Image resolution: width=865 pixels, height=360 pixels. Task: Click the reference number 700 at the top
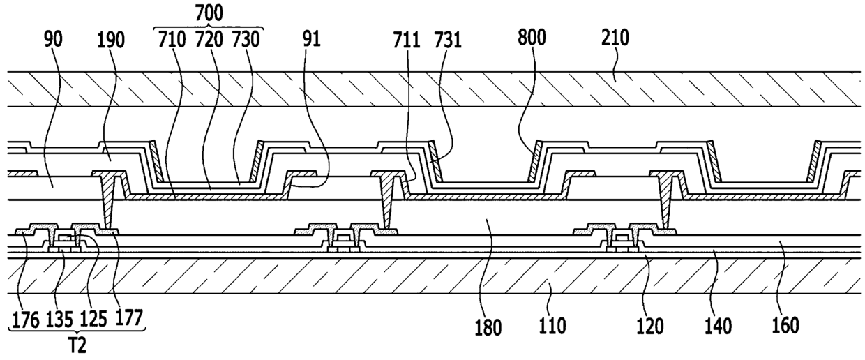tap(209, 13)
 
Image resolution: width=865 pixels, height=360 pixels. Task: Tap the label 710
tap(172, 40)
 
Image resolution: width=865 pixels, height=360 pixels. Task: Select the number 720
tap(209, 40)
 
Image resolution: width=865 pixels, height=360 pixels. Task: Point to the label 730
tap(246, 40)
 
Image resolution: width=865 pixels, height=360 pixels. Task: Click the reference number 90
tap(53, 39)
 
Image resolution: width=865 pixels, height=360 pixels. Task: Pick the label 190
tap(110, 40)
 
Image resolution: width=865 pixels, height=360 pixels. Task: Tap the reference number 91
tap(311, 39)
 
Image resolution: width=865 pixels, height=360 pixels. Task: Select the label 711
tap(407, 40)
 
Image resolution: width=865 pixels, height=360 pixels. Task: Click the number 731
tap(448, 40)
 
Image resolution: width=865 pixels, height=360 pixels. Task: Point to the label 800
tap(532, 38)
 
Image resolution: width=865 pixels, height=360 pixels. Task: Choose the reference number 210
tap(615, 38)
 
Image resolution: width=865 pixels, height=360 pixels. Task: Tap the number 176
tap(26, 320)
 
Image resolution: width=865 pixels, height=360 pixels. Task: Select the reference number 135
tap(59, 320)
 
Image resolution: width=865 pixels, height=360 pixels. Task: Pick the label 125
tap(93, 320)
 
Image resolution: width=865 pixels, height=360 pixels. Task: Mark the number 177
tap(128, 319)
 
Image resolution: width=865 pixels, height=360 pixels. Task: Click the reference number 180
tap(488, 327)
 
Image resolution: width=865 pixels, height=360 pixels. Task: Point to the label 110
tap(552, 326)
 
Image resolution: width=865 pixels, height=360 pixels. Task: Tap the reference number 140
tap(718, 327)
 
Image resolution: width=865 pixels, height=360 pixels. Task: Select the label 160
tap(785, 326)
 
